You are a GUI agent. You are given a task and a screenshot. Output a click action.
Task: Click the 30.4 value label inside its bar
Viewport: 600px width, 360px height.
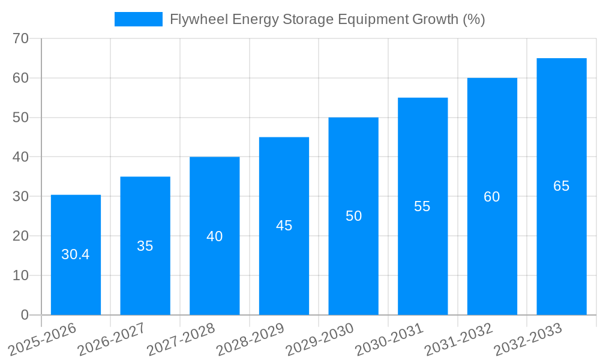[x=76, y=254]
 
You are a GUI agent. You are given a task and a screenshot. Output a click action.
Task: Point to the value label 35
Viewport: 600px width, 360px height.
[x=145, y=246]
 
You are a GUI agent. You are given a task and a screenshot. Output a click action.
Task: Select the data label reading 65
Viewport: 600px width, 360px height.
[x=562, y=186]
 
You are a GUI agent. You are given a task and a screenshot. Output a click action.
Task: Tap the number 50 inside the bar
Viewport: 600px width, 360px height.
[x=354, y=216]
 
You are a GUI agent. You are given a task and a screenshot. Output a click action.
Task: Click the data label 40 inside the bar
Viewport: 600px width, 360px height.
[x=215, y=236]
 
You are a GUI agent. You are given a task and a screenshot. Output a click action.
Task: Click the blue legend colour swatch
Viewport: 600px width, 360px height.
[x=139, y=19]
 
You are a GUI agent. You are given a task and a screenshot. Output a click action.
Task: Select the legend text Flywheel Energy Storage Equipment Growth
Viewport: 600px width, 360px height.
[x=327, y=19]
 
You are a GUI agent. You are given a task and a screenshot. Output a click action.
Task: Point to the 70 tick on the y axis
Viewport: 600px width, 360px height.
[x=21, y=38]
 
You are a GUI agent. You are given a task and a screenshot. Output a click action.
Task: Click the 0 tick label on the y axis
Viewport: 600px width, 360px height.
[x=25, y=315]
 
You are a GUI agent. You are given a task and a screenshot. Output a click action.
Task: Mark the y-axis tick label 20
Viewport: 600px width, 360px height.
[x=21, y=236]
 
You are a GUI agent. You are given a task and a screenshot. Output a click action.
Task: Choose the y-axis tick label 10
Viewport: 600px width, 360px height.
[x=21, y=275]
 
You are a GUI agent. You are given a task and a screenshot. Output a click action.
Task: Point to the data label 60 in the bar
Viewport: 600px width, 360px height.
[x=492, y=197]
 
